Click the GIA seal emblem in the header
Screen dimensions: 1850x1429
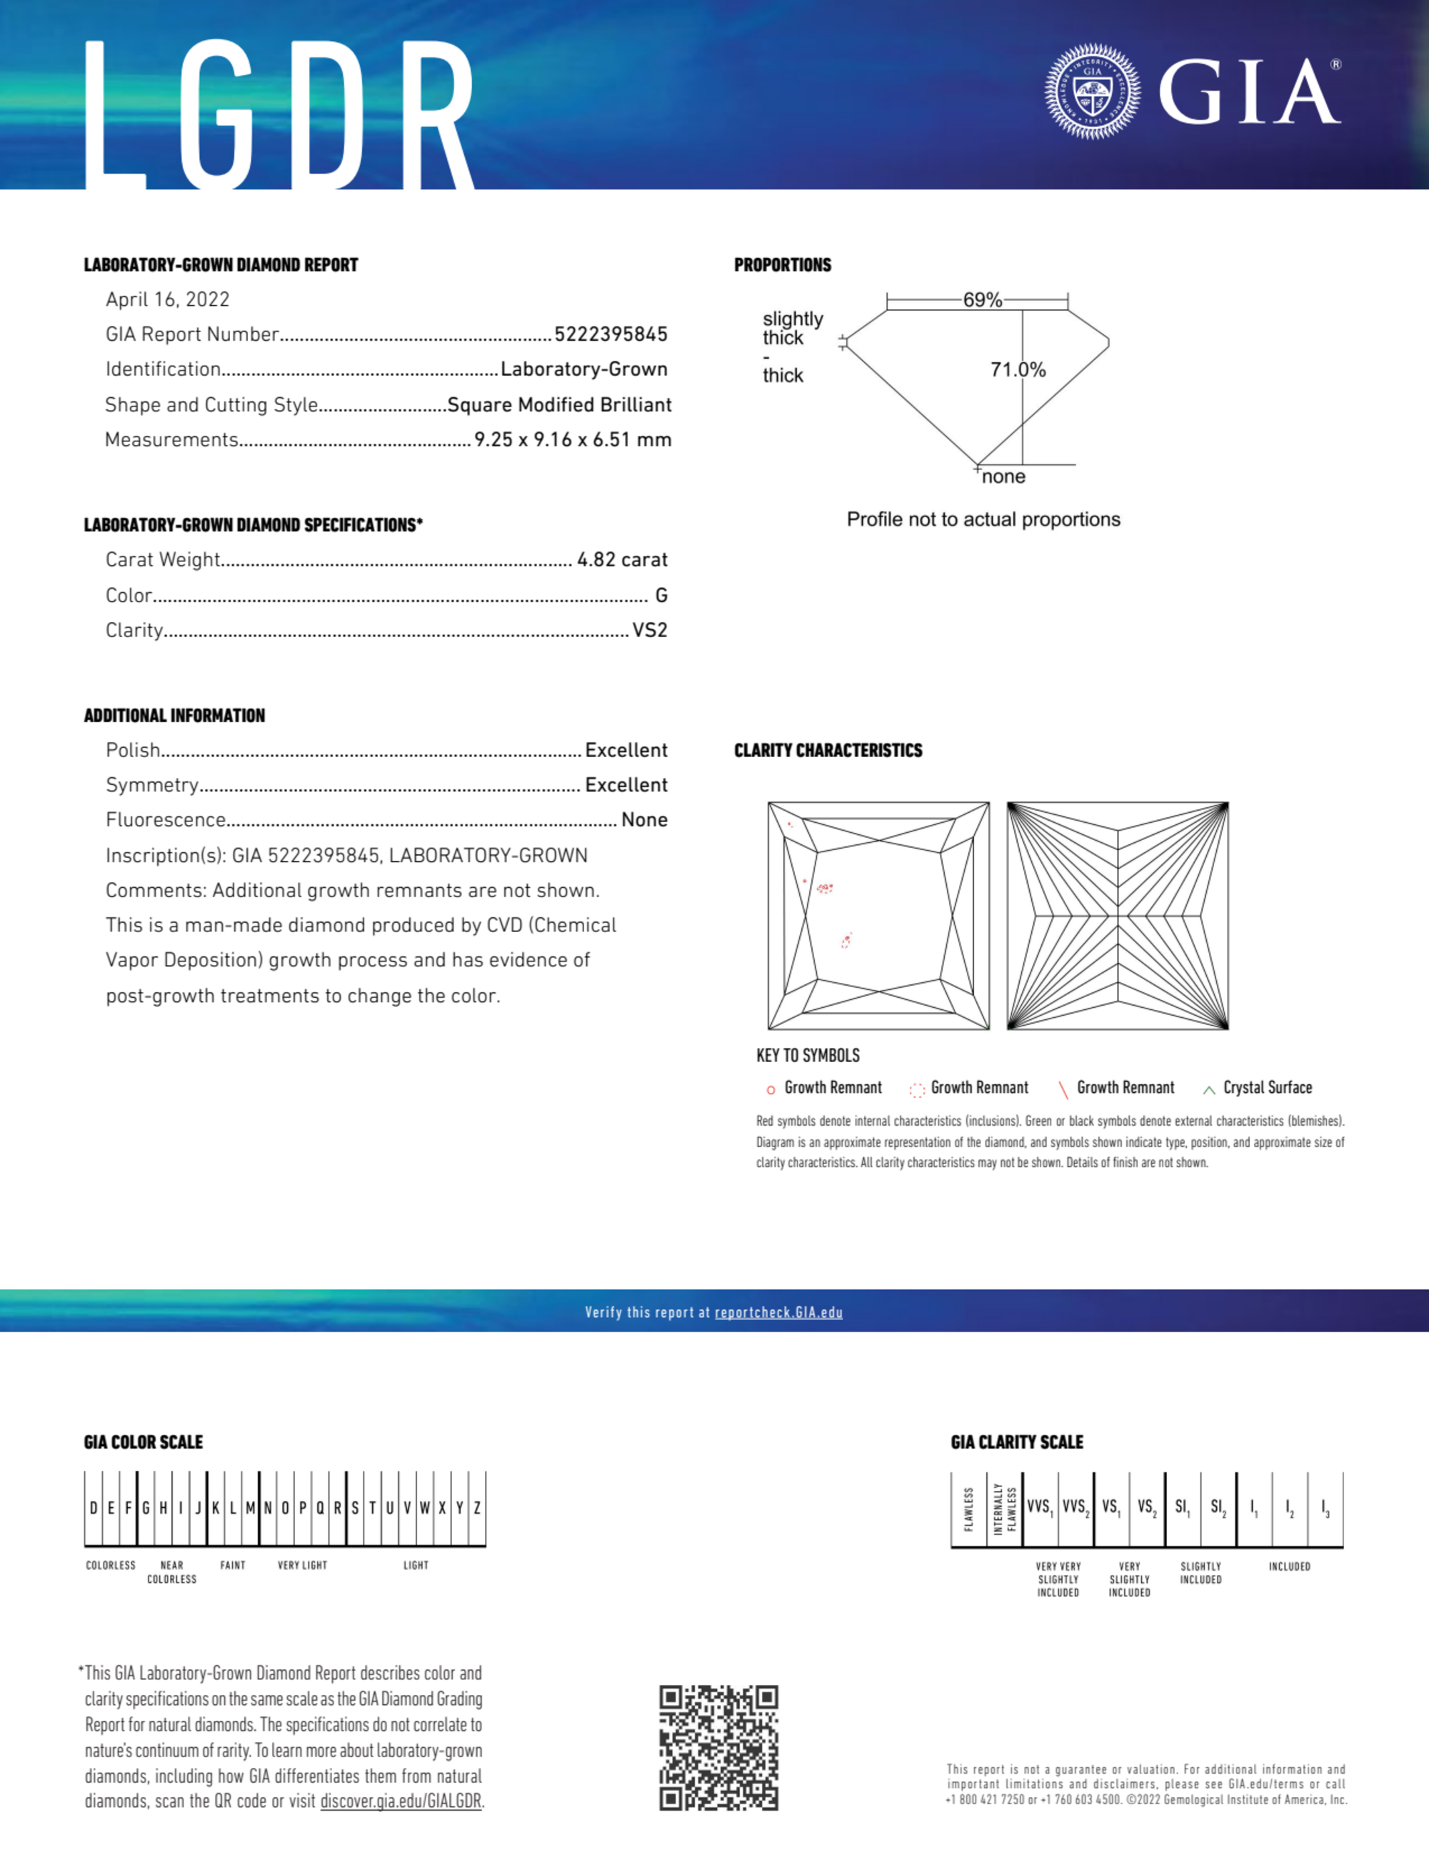tap(1093, 91)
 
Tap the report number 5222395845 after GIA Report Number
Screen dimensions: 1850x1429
tap(611, 334)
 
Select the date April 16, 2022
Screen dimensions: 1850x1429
tap(168, 300)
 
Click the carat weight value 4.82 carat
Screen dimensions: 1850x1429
tap(622, 560)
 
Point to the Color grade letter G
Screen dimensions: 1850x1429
tap(661, 596)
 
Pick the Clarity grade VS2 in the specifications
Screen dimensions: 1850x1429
tap(650, 630)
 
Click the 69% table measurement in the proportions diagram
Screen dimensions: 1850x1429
tap(982, 300)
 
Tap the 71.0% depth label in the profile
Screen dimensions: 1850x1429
tap(1018, 370)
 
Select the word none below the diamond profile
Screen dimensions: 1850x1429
tap(1004, 477)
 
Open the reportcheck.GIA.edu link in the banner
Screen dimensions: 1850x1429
tap(778, 1312)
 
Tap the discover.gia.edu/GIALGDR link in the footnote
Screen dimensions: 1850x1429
tap(401, 1801)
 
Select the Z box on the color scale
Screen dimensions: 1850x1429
tap(478, 1508)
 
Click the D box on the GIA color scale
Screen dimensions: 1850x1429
tap(93, 1508)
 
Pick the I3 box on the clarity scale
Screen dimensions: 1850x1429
tap(1325, 1508)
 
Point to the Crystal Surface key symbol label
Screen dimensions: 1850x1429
tap(1267, 1088)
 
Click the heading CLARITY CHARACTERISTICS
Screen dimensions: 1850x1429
tap(828, 751)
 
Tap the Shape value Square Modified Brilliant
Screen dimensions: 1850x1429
tap(559, 405)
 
